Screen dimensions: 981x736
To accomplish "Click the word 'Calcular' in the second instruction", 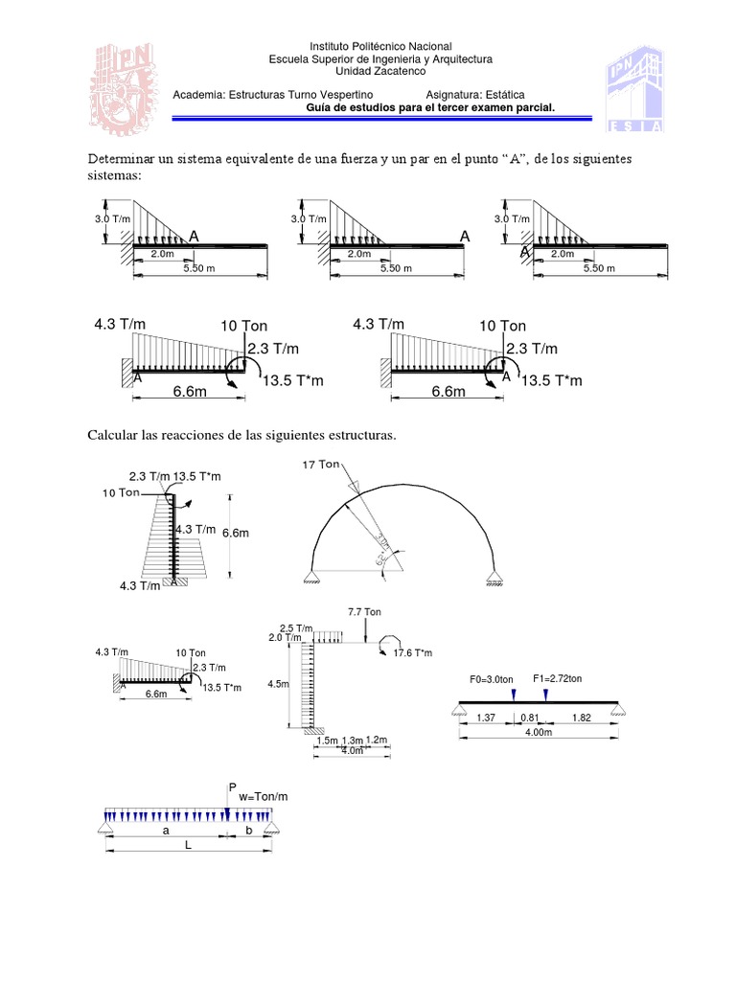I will point(113,435).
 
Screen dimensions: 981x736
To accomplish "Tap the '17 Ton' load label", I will point(321,465).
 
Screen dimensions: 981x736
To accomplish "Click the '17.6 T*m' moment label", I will point(414,652).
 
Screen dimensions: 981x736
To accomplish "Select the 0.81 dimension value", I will point(529,717).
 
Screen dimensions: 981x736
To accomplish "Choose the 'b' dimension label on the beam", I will point(250,832).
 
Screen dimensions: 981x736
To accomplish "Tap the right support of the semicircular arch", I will point(494,577).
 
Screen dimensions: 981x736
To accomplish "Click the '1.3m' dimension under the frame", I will point(353,740).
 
